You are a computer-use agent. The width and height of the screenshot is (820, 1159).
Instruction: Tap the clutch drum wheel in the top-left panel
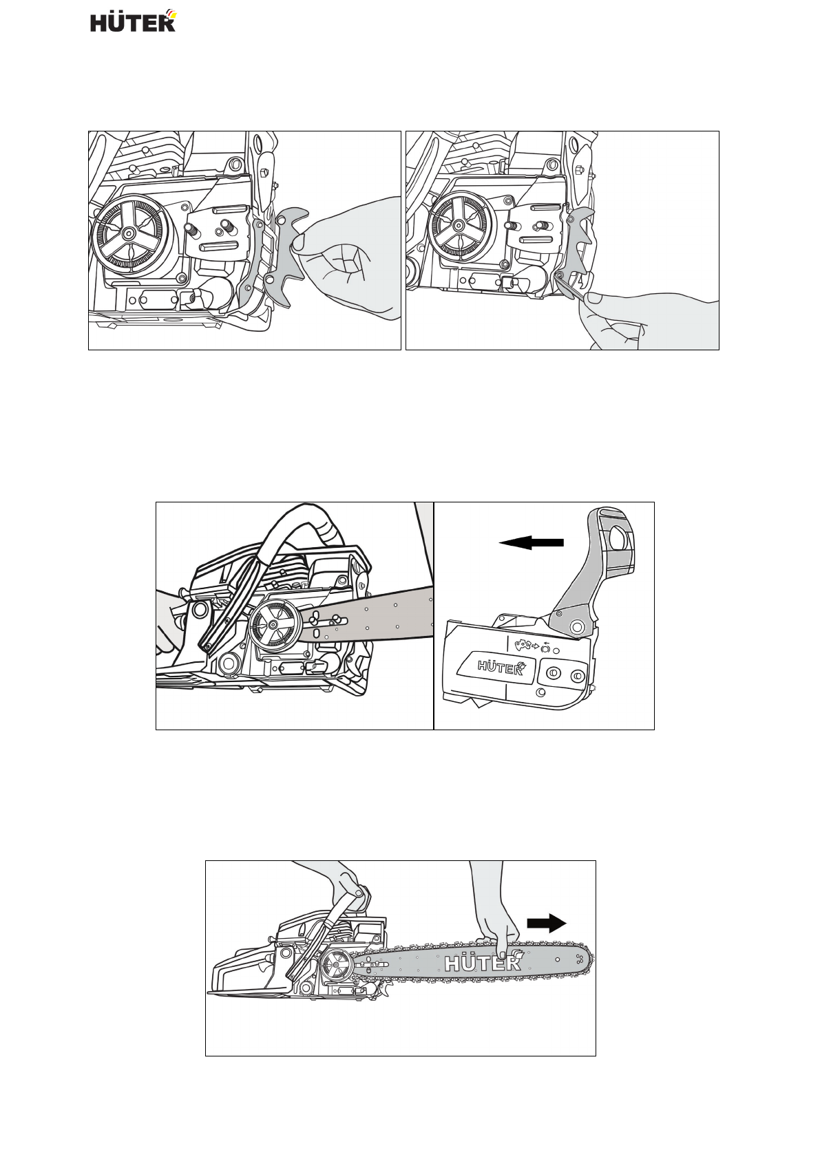tap(129, 234)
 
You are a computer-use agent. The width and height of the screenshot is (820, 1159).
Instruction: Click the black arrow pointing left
tap(531, 543)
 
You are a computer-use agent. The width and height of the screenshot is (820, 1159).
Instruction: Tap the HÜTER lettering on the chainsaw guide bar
tap(483, 963)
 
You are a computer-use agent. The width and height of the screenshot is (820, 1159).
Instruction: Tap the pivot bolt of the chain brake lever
tap(576, 625)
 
